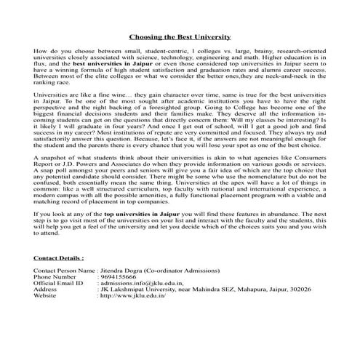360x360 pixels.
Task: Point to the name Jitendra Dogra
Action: point(123,271)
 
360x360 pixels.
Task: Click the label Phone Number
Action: point(55,277)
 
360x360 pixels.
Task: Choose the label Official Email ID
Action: point(59,283)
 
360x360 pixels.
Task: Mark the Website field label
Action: point(45,296)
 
